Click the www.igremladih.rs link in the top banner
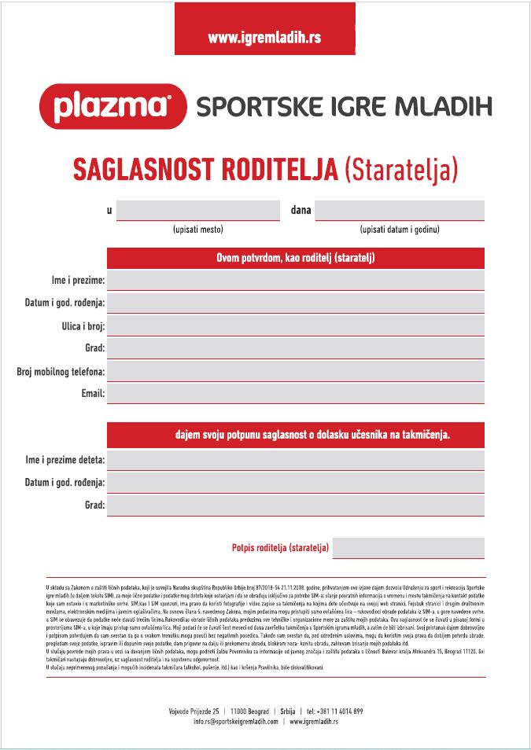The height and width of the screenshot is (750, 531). click(x=265, y=37)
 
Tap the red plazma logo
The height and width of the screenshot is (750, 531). click(x=112, y=106)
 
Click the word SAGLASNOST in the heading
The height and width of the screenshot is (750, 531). click(x=145, y=169)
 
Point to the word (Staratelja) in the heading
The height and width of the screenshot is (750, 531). click(x=401, y=169)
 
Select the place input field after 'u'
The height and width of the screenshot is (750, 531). click(x=198, y=211)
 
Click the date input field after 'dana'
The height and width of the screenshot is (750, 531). click(x=400, y=211)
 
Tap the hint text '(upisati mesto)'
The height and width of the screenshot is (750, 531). click(x=198, y=230)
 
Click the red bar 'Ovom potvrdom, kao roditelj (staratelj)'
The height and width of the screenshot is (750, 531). click(x=296, y=258)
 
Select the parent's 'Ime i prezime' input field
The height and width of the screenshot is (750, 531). click(x=296, y=280)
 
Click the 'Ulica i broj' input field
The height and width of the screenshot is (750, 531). click(x=296, y=325)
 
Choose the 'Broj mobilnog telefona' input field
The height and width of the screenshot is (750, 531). click(x=296, y=371)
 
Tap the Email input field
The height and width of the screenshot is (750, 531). click(x=296, y=393)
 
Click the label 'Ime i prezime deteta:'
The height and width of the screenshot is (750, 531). click(x=65, y=460)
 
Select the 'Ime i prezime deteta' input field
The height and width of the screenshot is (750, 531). click(x=296, y=460)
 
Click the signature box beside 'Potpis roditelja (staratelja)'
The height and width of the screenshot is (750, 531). click(x=408, y=548)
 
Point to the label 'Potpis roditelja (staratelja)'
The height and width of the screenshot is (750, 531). click(x=281, y=548)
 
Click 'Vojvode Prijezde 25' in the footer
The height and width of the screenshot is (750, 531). click(x=194, y=711)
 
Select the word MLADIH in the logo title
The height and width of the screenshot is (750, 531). click(x=443, y=106)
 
